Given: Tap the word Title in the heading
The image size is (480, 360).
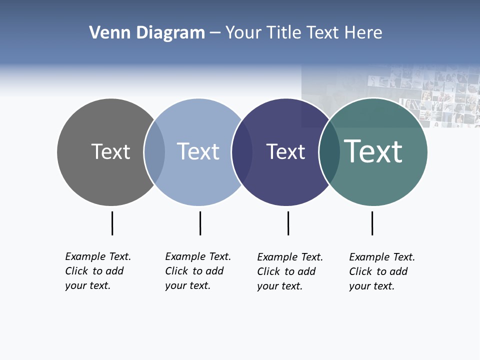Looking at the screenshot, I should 285,33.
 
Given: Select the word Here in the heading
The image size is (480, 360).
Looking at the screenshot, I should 363,33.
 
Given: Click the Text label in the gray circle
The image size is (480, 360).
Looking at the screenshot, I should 110,151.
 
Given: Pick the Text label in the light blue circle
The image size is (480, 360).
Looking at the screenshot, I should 198,151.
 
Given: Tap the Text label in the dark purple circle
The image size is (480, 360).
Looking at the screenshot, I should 285,151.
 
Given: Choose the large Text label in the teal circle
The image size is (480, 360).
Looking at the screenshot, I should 373,151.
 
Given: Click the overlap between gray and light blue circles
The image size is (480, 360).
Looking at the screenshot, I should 154,151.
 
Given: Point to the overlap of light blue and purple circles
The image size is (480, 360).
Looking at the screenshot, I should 242,151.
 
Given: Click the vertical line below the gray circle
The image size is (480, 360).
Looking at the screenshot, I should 112,223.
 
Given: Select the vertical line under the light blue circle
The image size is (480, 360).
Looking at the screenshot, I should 200,223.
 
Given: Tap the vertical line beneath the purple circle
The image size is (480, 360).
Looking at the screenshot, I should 288,223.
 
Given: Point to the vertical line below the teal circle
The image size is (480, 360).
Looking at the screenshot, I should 372,223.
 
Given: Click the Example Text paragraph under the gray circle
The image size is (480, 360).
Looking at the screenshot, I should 97,271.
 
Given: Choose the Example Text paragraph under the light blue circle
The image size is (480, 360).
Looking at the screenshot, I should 197,271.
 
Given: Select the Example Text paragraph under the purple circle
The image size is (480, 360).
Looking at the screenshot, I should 289,271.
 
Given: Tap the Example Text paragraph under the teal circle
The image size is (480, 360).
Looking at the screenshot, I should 381,271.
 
